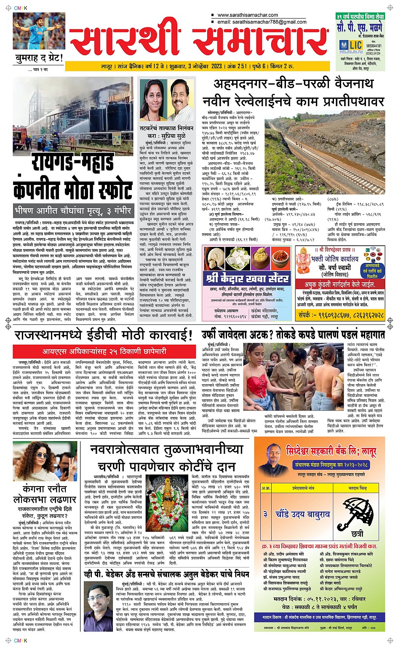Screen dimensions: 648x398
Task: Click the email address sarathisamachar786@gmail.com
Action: (262, 22)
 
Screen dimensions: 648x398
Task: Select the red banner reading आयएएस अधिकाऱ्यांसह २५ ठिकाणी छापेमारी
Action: (104, 351)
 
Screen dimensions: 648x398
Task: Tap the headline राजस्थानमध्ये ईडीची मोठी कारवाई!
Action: (104, 335)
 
